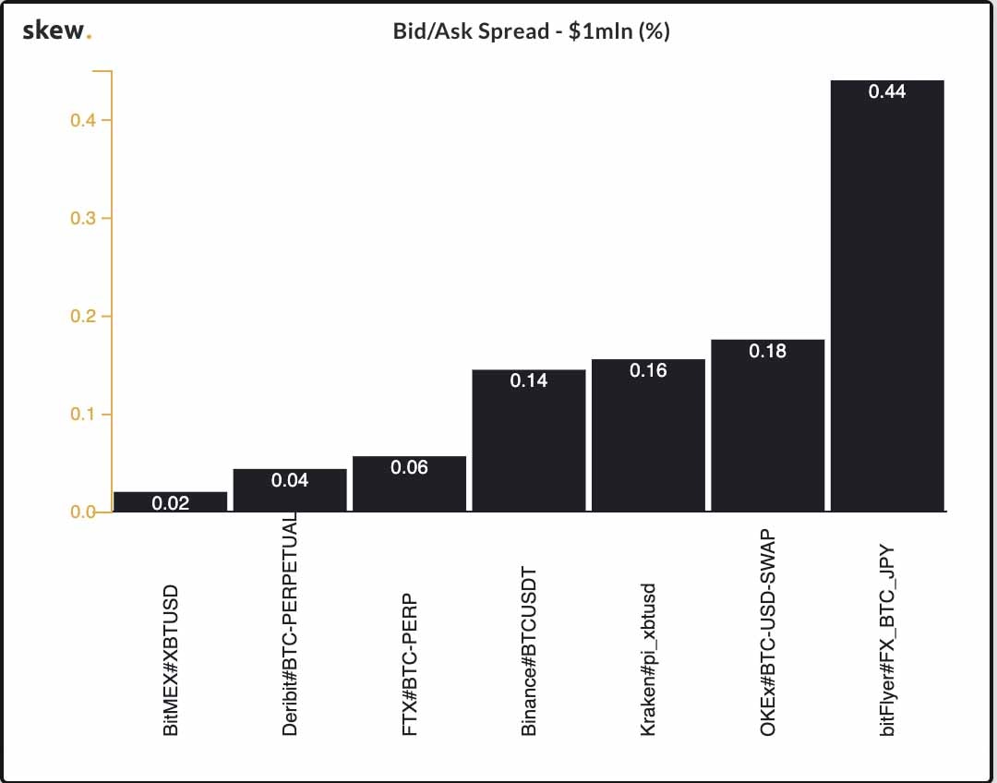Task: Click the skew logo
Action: [x=56, y=31]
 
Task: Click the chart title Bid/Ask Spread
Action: [x=531, y=31]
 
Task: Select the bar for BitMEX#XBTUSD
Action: [x=170, y=501]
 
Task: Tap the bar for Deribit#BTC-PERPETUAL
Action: [x=290, y=490]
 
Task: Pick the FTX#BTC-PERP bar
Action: [x=409, y=484]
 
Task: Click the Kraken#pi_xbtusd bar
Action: [x=648, y=435]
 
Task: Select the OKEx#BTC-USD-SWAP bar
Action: [x=768, y=426]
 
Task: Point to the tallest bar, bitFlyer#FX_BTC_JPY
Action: [x=887, y=295]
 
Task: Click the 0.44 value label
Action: [x=887, y=91]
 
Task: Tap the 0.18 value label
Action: [x=768, y=351]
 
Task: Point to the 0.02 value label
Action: [x=170, y=503]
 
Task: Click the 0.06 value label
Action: [x=409, y=467]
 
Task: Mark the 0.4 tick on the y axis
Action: [x=84, y=121]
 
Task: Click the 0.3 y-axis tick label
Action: [x=84, y=219]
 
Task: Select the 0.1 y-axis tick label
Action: [x=84, y=415]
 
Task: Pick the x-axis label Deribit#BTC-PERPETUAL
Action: [x=290, y=624]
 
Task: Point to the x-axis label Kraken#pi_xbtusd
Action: [x=648, y=658]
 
